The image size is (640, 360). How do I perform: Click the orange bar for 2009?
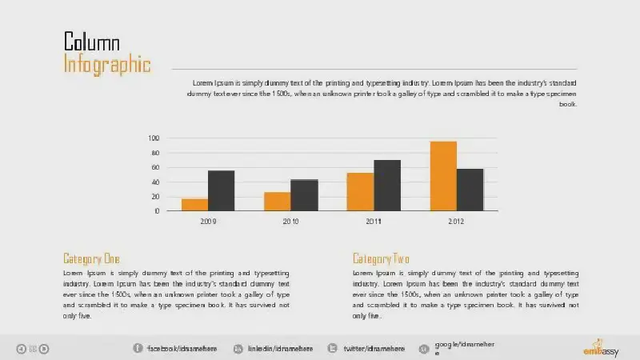tap(194, 205)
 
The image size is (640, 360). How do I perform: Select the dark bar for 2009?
tap(221, 190)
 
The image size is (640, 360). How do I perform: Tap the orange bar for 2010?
tap(277, 202)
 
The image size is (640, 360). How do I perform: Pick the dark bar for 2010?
tap(304, 195)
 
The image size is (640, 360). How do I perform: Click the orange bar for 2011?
tap(360, 192)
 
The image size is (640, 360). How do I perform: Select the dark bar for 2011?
tap(387, 186)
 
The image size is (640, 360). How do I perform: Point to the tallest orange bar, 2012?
tap(443, 176)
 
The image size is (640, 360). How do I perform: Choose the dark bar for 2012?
tap(470, 190)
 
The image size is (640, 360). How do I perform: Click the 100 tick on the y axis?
tap(154, 138)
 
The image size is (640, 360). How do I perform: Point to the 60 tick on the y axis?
tap(155, 167)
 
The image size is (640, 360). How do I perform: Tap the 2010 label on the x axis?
tap(290, 221)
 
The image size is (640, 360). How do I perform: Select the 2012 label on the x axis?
tap(456, 221)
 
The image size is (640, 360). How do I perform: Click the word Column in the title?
tap(92, 42)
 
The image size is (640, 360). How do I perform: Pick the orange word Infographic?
tap(107, 64)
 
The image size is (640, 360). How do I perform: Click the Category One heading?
tap(91, 258)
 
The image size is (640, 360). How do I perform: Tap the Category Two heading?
tap(381, 258)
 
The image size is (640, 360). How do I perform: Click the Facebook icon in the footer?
tap(137, 348)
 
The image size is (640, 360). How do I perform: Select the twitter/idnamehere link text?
tap(370, 348)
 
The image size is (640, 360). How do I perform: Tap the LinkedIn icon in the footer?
tap(238, 348)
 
